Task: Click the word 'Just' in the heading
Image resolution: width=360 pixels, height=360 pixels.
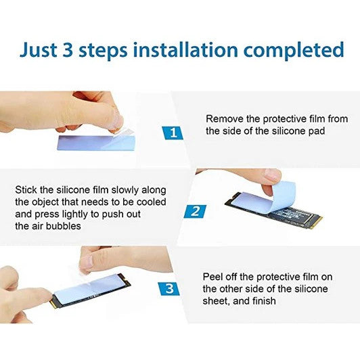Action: [x=39, y=50]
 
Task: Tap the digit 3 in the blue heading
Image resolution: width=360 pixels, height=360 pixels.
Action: [x=68, y=50]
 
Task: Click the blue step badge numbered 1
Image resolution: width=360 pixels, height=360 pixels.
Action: [x=173, y=133]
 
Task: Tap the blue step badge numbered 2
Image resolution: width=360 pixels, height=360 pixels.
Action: [x=195, y=211]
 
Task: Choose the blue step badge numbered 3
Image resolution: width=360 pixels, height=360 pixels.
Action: [x=169, y=289]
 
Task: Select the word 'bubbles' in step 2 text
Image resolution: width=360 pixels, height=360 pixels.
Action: [x=64, y=226]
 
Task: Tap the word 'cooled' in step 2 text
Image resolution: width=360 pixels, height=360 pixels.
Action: [x=152, y=202]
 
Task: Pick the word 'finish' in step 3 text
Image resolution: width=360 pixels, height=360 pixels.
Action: [x=264, y=300]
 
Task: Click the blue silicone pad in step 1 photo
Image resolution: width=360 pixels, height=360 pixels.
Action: [x=96, y=142]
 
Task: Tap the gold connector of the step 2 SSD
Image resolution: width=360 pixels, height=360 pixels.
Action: [x=316, y=221]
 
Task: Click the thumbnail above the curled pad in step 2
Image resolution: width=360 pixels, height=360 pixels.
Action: [x=272, y=175]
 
